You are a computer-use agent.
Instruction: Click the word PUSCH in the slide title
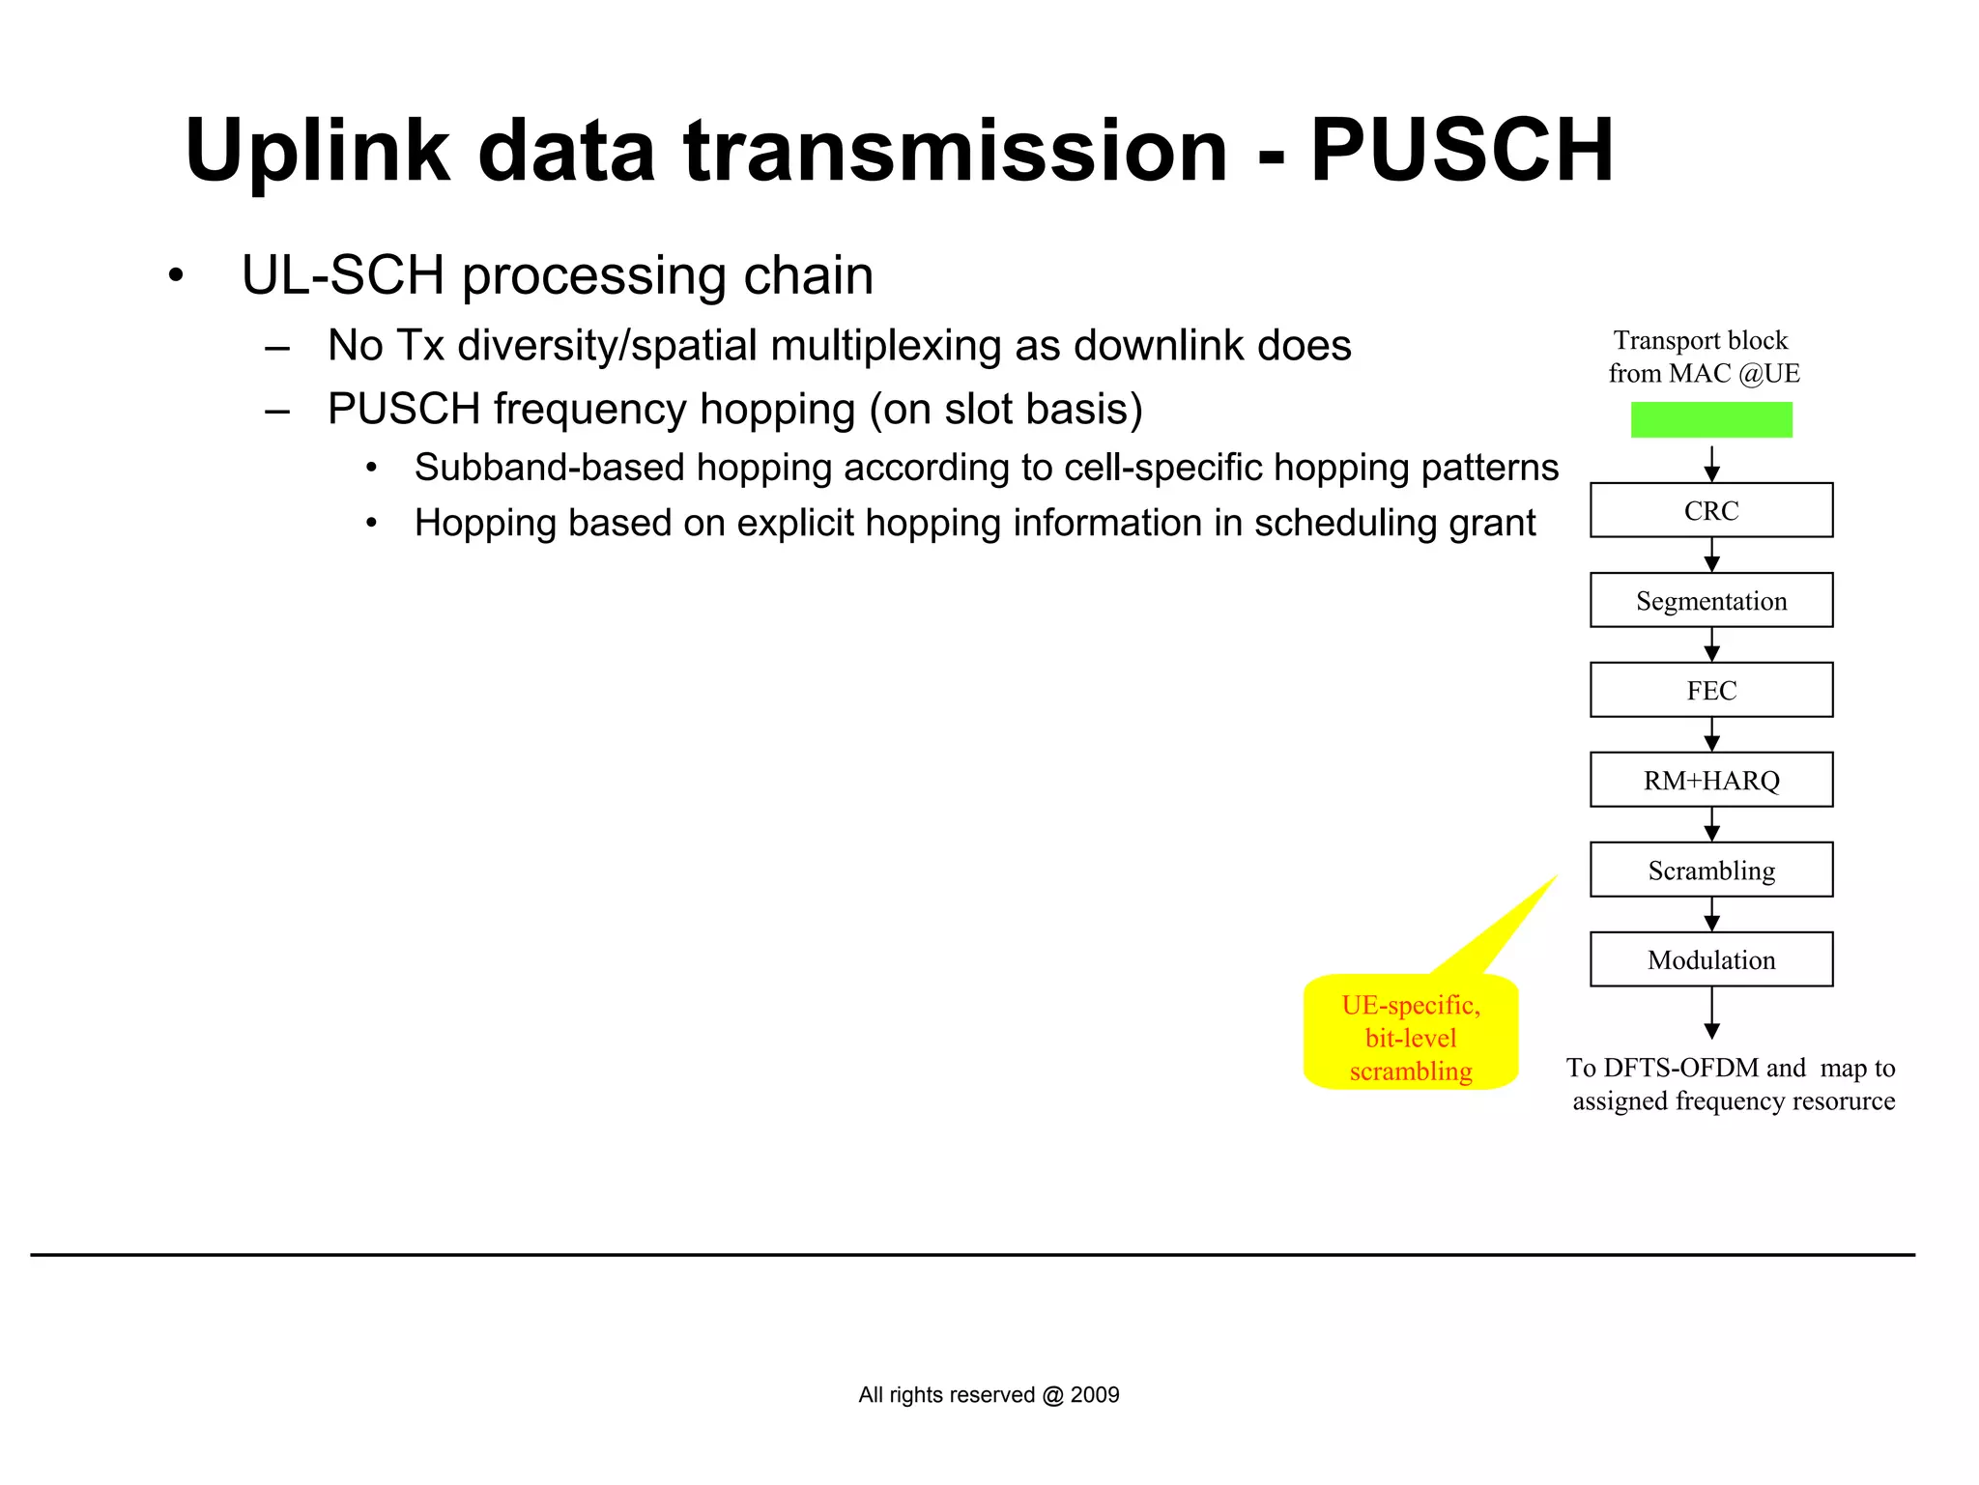pyautogui.click(x=1461, y=152)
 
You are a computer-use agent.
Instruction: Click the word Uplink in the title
pyautogui.click(x=317, y=152)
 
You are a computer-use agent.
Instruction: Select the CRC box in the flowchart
pyautogui.click(x=1710, y=510)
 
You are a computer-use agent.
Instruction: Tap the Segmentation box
pyautogui.click(x=1710, y=600)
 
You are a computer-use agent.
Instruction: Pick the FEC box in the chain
pyautogui.click(x=1710, y=690)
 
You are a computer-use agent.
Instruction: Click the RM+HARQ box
pyautogui.click(x=1710, y=780)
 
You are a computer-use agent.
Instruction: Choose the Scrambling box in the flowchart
pyautogui.click(x=1710, y=870)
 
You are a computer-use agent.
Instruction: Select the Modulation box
pyautogui.click(x=1710, y=959)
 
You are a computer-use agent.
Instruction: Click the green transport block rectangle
pyautogui.click(x=1710, y=419)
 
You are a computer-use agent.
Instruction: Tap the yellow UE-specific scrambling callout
pyautogui.click(x=1410, y=1036)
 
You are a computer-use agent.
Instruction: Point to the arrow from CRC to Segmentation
pyautogui.click(x=1711, y=555)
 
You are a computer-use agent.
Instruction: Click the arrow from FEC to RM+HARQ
pyautogui.click(x=1711, y=734)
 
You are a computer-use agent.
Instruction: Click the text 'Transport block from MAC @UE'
pyautogui.click(x=1703, y=357)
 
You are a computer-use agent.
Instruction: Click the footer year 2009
pyautogui.click(x=1095, y=1394)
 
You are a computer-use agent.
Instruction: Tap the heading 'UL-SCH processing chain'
pyautogui.click(x=557, y=275)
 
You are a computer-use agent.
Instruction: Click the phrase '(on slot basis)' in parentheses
pyautogui.click(x=1005, y=410)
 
